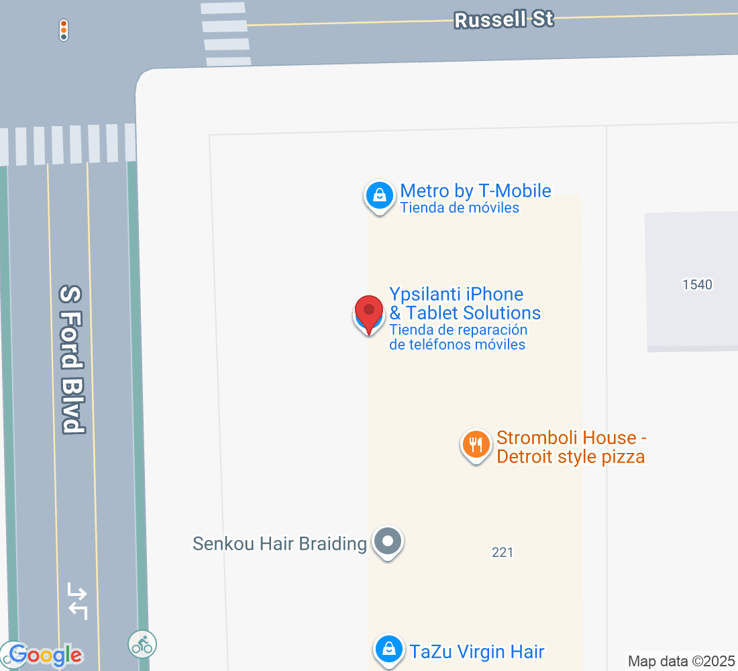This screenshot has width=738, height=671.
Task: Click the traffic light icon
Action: [64, 30]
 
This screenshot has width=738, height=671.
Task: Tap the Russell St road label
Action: [504, 19]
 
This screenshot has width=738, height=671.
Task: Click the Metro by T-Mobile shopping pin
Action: [379, 196]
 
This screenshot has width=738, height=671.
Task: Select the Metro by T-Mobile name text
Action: [475, 191]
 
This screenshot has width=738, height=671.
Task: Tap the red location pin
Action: [368, 313]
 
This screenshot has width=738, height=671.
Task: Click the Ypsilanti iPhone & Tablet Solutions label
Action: [464, 303]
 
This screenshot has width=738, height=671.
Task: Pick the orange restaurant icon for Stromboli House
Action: [476, 445]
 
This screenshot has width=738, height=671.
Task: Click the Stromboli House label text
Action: [571, 448]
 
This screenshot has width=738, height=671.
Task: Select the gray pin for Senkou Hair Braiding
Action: [387, 541]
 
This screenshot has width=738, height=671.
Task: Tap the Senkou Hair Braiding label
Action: [279, 544]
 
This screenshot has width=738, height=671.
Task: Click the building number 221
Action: [503, 552]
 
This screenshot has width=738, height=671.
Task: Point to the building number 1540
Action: [697, 285]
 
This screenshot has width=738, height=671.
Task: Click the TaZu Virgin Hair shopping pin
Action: [388, 649]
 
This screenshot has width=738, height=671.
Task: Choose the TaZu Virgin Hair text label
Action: [477, 651]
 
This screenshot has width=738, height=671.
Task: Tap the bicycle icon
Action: [142, 644]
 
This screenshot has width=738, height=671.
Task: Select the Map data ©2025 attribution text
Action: [681, 661]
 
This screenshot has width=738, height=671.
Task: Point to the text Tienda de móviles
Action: [460, 208]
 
